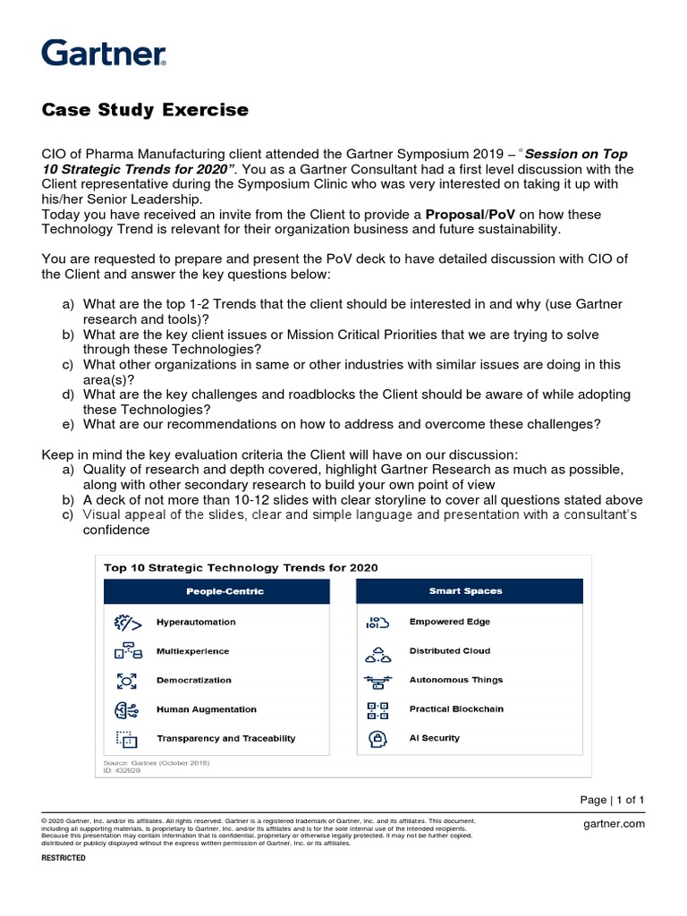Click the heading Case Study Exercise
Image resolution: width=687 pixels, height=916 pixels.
tap(146, 110)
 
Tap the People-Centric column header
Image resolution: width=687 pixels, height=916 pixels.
tap(225, 591)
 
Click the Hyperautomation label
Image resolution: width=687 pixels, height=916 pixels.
tap(196, 622)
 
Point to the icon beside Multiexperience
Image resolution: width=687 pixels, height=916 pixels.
tap(125, 651)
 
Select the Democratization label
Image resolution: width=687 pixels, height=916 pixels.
tap(194, 680)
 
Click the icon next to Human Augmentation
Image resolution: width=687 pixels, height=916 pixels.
tap(125, 709)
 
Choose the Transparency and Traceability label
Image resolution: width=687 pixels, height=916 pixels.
tap(225, 738)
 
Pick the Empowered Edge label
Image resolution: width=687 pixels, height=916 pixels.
tap(449, 622)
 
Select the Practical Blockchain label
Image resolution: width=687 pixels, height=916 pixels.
tap(456, 708)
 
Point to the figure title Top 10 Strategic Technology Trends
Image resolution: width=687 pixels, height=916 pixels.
tap(241, 567)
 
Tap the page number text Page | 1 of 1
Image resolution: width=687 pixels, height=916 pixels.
tap(612, 800)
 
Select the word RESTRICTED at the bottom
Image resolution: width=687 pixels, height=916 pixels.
tap(64, 858)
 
